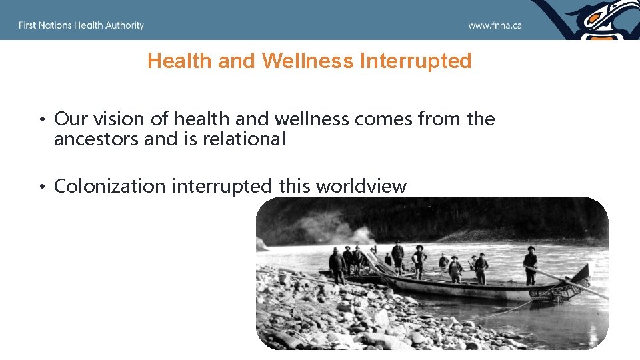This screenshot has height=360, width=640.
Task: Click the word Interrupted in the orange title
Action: click(415, 61)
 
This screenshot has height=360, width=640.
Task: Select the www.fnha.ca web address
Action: click(495, 25)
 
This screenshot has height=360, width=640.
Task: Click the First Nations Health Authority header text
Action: click(81, 25)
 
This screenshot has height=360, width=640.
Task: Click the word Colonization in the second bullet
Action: click(110, 186)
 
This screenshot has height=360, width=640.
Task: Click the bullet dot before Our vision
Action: click(41, 120)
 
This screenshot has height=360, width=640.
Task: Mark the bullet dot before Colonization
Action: click(41, 187)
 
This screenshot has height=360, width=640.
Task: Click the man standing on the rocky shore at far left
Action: click(337, 263)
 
